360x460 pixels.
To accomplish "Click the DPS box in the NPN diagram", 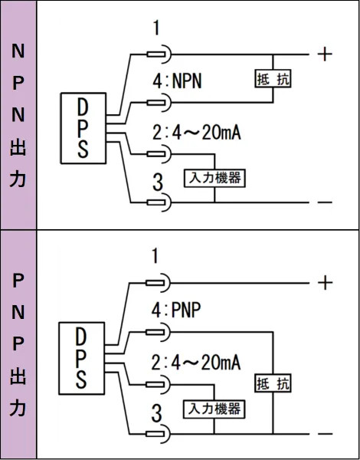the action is point(83,128).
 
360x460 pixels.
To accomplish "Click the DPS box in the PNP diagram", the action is point(81,358).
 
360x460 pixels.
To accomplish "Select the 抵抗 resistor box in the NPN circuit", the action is point(273,79).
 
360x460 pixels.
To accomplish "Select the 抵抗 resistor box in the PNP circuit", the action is point(273,383).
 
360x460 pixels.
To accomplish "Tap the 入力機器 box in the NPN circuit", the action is point(214,178).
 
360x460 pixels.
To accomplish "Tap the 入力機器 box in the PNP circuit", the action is point(214,409).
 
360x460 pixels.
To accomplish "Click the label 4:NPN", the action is point(177,80).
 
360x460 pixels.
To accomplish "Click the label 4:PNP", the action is point(176,310).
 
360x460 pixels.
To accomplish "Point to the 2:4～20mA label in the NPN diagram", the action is point(196,133).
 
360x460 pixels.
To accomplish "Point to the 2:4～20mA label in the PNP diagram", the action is point(196,363).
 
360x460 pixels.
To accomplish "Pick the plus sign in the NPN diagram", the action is point(325,54).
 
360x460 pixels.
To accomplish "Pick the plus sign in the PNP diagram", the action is point(325,283).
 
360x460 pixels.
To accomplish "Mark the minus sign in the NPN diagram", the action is point(325,202).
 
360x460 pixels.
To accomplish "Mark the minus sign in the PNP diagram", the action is point(325,434).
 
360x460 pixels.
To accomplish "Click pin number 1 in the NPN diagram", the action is point(156,28).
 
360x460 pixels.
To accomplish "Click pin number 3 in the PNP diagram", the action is point(157,414).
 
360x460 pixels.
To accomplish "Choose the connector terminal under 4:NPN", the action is point(159,103).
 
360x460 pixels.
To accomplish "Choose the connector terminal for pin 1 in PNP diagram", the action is point(158,283).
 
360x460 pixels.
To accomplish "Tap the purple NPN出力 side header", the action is point(18,115).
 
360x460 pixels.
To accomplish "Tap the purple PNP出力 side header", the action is point(18,344).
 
